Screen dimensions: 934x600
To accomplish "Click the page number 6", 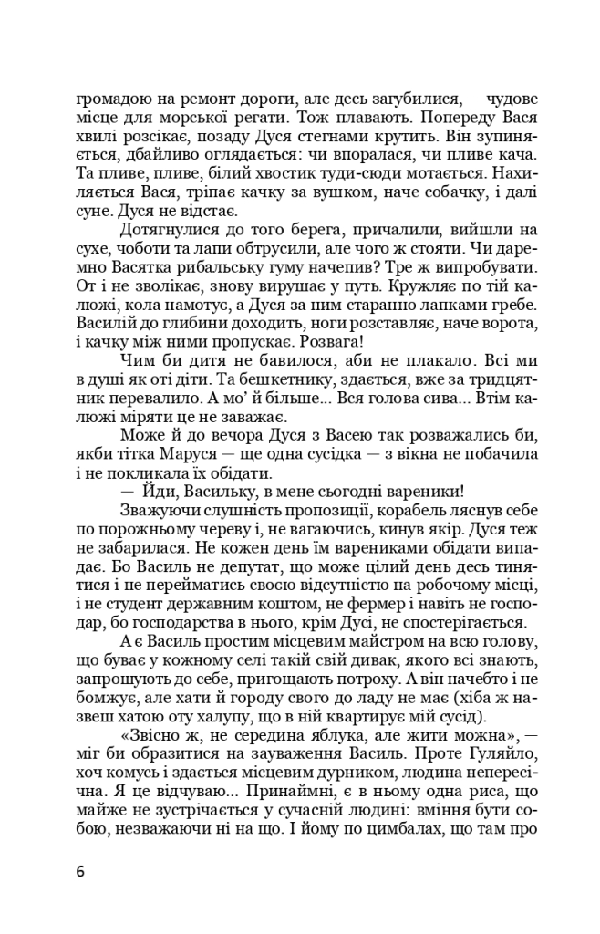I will click(80, 871).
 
